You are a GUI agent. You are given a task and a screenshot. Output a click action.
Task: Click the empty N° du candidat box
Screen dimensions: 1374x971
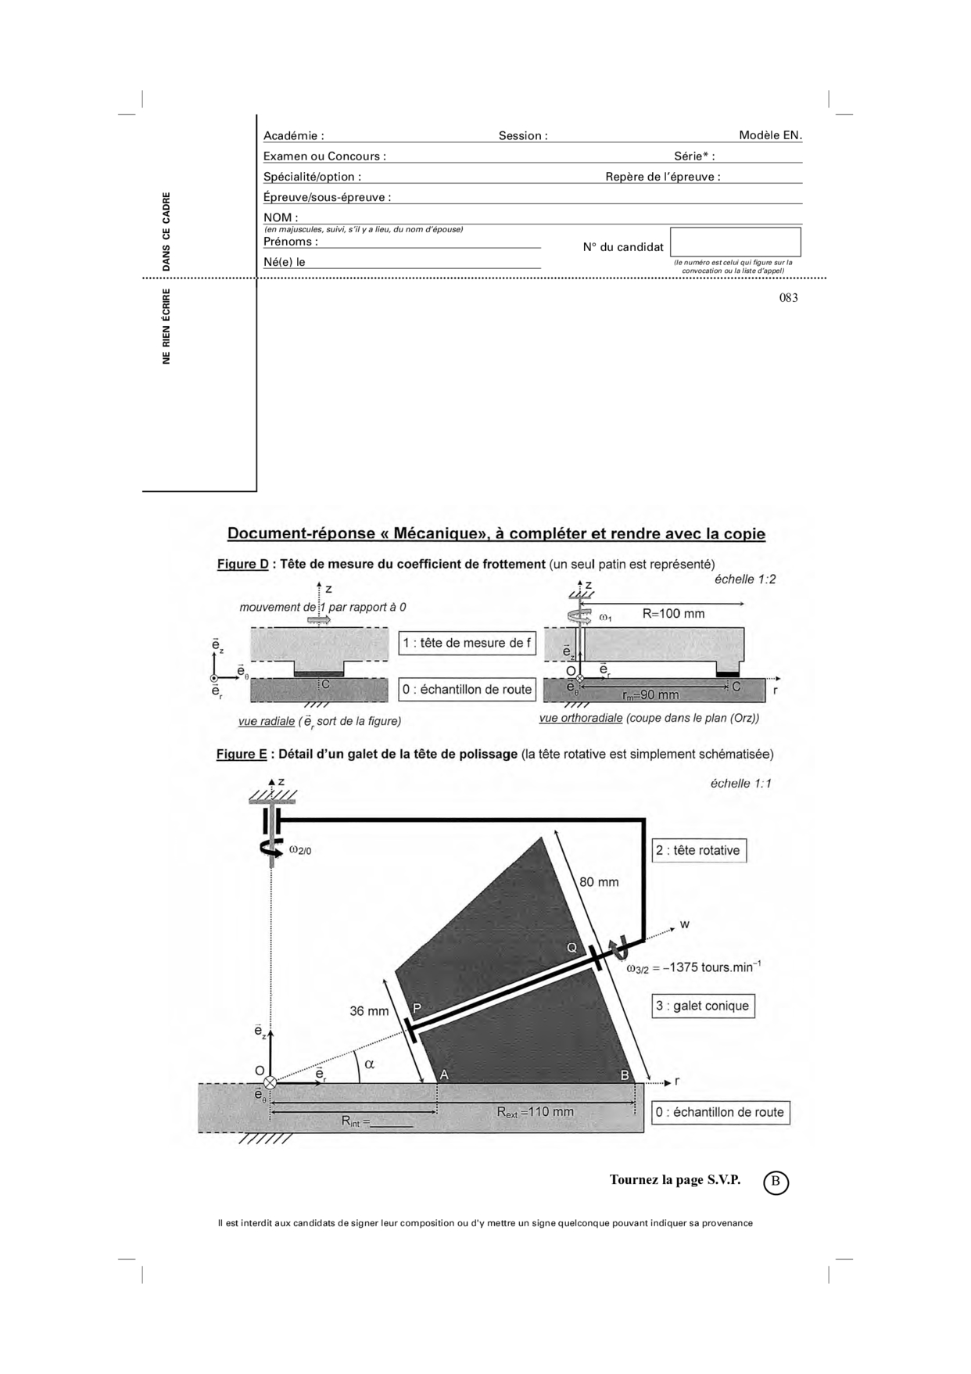(x=735, y=242)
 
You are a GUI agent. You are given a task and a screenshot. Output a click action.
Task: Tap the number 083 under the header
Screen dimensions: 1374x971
(x=788, y=297)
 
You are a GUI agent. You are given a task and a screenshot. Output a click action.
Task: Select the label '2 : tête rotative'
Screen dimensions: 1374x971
(x=698, y=851)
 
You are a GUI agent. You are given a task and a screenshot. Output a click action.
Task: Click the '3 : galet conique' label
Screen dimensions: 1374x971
(x=702, y=1006)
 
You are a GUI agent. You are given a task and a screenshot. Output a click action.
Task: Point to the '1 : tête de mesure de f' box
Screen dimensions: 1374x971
(x=467, y=644)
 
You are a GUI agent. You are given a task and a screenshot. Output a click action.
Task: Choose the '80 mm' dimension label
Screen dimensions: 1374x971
(x=599, y=882)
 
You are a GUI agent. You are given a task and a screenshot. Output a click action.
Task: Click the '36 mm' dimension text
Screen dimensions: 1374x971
(x=369, y=1011)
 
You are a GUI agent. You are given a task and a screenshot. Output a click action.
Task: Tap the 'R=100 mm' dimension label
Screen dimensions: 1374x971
(x=673, y=614)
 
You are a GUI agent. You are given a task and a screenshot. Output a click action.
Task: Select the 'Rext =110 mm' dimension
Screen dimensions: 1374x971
(x=536, y=1112)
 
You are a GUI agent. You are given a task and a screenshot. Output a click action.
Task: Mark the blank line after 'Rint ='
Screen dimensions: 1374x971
(x=392, y=1126)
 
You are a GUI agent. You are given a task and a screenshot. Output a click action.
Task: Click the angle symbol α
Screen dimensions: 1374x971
(x=370, y=1064)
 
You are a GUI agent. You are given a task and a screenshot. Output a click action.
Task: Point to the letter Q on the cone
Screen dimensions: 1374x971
(x=571, y=948)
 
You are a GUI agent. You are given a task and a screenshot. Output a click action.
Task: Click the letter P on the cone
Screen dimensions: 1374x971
(x=417, y=1008)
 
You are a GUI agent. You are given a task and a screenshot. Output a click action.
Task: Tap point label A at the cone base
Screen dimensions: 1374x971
(x=444, y=1074)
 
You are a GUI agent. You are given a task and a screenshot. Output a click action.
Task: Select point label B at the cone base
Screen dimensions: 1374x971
(x=625, y=1075)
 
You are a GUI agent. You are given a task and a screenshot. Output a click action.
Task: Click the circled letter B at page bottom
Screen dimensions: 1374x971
(x=776, y=1182)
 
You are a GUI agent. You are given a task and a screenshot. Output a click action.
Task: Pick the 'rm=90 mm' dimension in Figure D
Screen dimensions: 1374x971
(x=650, y=695)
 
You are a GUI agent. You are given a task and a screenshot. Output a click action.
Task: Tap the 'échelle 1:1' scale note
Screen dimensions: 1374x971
(x=740, y=784)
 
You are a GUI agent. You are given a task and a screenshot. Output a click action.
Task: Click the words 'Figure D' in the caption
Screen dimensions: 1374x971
(x=242, y=565)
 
